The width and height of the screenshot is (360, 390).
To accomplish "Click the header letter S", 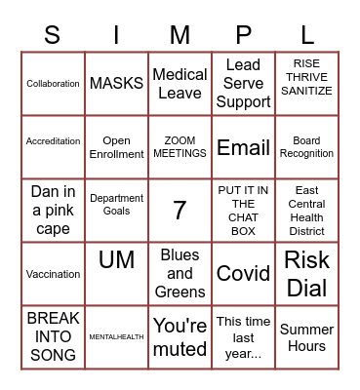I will coord(53,36).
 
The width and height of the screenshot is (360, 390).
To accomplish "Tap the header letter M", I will coord(180,36).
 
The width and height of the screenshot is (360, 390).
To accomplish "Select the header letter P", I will coord(243,36).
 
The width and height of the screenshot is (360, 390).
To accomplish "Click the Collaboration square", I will coord(53,84).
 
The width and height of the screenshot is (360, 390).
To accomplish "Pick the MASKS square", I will coord(116,84).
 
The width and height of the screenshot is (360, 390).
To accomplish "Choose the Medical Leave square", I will coord(180,84).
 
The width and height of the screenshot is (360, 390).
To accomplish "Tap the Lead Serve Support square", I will coord(243,84).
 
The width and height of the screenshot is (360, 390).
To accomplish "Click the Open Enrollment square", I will coord(116,147).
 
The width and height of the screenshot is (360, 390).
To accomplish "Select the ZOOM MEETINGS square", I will coord(180,147).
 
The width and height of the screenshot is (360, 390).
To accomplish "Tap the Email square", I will coord(243,147).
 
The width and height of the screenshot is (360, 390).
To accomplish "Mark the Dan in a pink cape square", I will coord(53,211).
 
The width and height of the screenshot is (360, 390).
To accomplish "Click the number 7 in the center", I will coord(180,211).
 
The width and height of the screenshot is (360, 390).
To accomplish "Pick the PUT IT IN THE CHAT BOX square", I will coord(243,211).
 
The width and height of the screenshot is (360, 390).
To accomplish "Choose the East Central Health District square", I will coord(306,211).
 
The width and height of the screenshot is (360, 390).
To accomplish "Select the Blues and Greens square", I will coord(180,274).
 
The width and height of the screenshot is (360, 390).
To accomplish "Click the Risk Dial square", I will coord(306,274).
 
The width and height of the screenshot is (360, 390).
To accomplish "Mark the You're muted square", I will coord(180,337).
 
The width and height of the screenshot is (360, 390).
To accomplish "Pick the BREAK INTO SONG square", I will coord(53,337).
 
